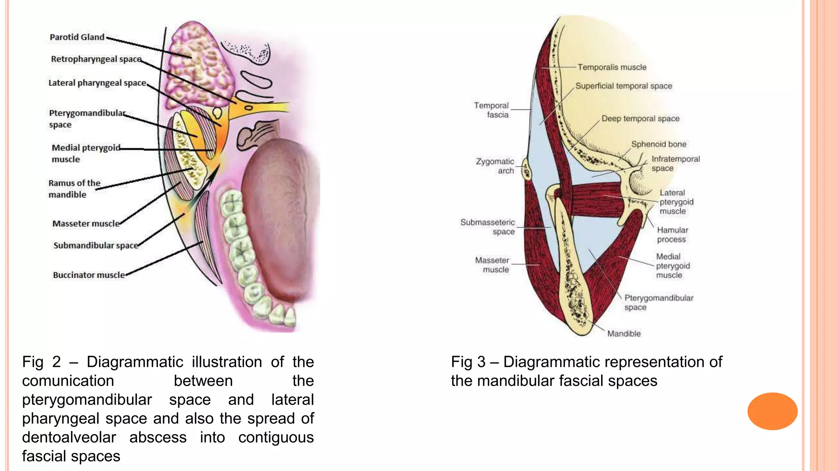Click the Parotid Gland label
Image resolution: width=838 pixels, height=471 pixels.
(77, 37)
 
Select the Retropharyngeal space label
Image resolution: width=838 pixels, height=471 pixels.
(96, 59)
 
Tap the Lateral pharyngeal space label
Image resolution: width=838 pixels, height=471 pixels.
(97, 83)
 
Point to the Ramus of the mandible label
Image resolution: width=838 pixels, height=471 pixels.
(74, 189)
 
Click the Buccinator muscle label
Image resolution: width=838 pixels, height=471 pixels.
(89, 275)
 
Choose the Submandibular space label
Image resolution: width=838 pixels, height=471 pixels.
(96, 245)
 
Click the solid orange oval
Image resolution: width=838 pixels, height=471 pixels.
(772, 411)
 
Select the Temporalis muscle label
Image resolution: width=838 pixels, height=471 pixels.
(612, 67)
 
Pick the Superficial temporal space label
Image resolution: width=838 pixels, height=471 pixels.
(624, 86)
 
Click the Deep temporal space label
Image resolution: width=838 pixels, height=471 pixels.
(640, 119)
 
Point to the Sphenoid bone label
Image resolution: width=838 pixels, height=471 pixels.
(658, 144)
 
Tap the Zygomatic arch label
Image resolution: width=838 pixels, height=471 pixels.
(495, 166)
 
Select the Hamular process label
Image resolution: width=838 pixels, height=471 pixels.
(672, 235)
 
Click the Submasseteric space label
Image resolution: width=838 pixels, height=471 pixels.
(487, 227)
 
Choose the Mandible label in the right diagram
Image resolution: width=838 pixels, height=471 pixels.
(624, 334)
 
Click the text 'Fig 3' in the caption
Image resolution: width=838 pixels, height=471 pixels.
(468, 362)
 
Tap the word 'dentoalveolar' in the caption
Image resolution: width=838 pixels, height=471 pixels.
(69, 437)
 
